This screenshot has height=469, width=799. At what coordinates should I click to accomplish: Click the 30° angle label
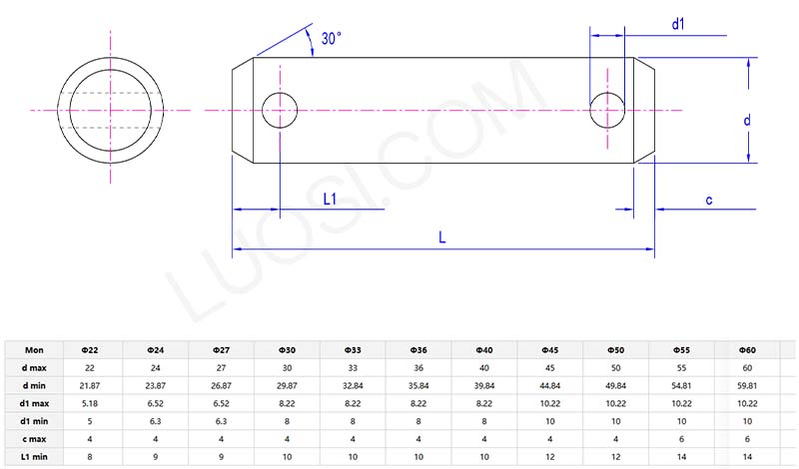tap(331, 38)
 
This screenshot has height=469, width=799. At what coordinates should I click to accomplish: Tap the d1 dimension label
tap(677, 22)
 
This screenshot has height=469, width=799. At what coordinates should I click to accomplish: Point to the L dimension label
tap(443, 236)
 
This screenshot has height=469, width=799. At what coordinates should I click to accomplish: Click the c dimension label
tap(708, 200)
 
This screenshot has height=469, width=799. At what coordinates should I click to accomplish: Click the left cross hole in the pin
tap(280, 110)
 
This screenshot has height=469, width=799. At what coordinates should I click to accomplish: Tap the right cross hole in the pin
tap(608, 110)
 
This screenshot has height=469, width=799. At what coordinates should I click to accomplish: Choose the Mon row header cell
tap(35, 350)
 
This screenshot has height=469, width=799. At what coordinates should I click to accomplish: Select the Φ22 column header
tap(88, 350)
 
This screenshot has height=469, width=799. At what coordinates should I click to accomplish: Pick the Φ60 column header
tap(747, 350)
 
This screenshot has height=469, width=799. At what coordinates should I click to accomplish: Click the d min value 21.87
tap(88, 386)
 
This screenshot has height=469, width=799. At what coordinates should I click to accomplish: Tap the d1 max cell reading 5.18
tap(88, 403)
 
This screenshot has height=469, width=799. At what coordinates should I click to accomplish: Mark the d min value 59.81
tap(747, 386)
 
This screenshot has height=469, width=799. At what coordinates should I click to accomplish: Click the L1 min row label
tap(35, 456)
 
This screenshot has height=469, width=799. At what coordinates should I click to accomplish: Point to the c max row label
tap(35, 439)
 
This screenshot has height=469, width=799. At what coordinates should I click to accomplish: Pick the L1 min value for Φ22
tap(88, 456)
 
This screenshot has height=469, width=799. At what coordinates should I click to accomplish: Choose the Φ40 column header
tap(484, 350)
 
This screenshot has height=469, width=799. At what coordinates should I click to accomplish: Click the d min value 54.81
tap(681, 386)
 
